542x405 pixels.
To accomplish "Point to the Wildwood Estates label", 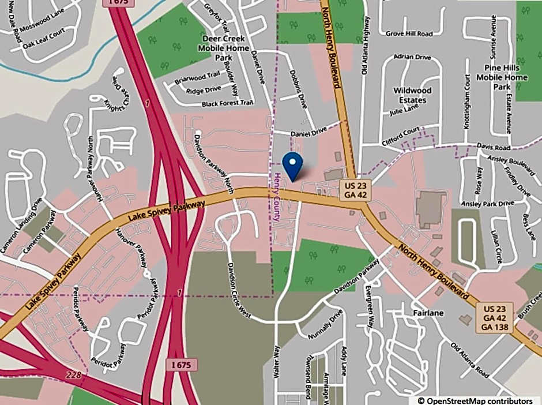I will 412,95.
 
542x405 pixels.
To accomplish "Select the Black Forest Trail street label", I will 228,103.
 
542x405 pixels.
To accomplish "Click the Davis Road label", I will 494,147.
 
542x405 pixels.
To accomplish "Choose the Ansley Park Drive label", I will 487,204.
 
